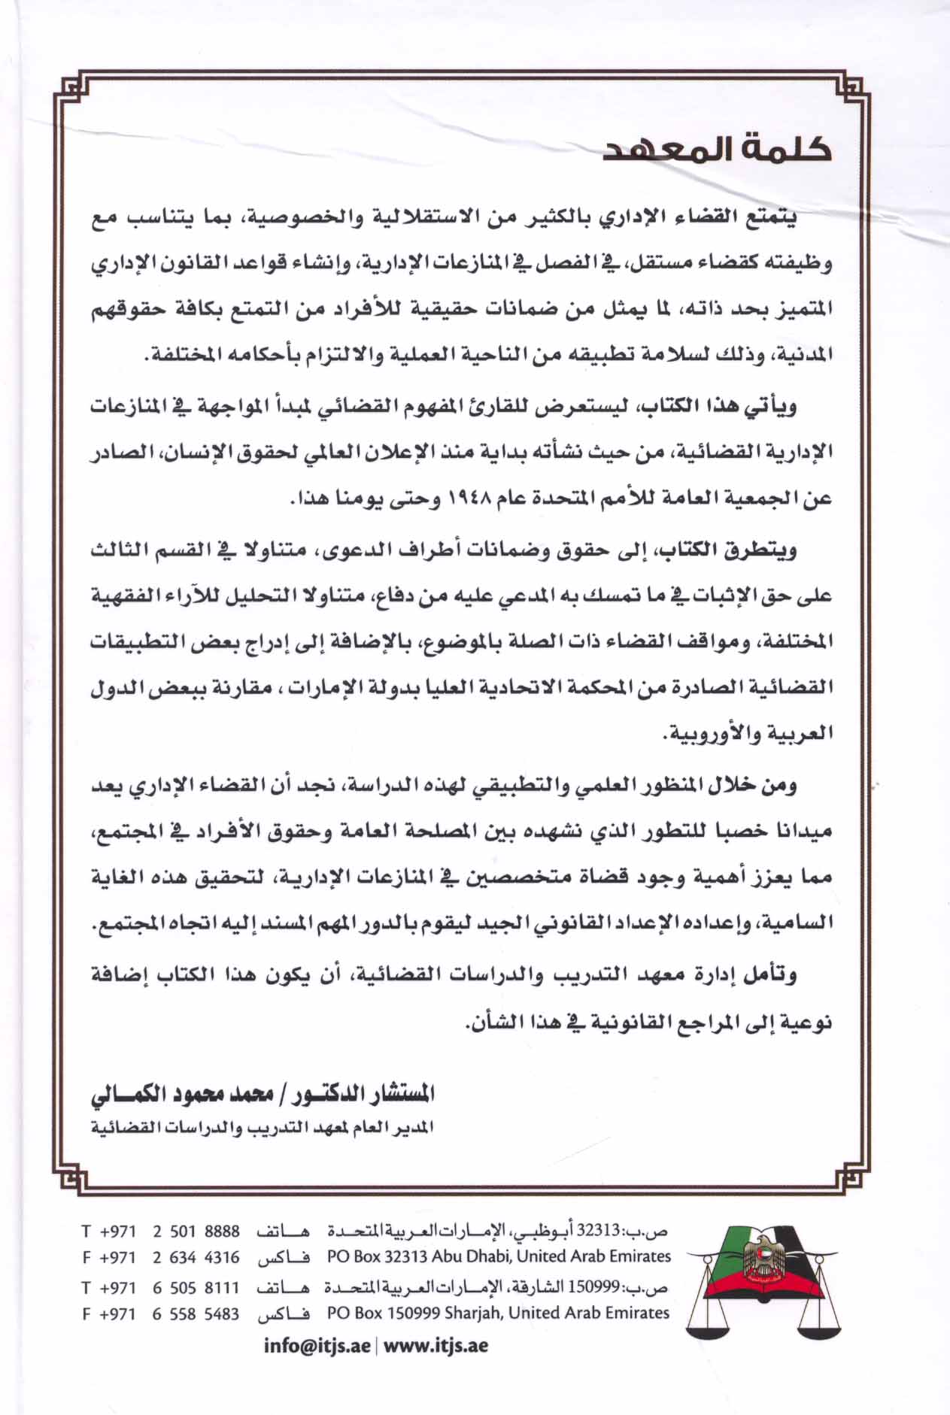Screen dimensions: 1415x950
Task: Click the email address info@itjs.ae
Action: [317, 1345]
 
